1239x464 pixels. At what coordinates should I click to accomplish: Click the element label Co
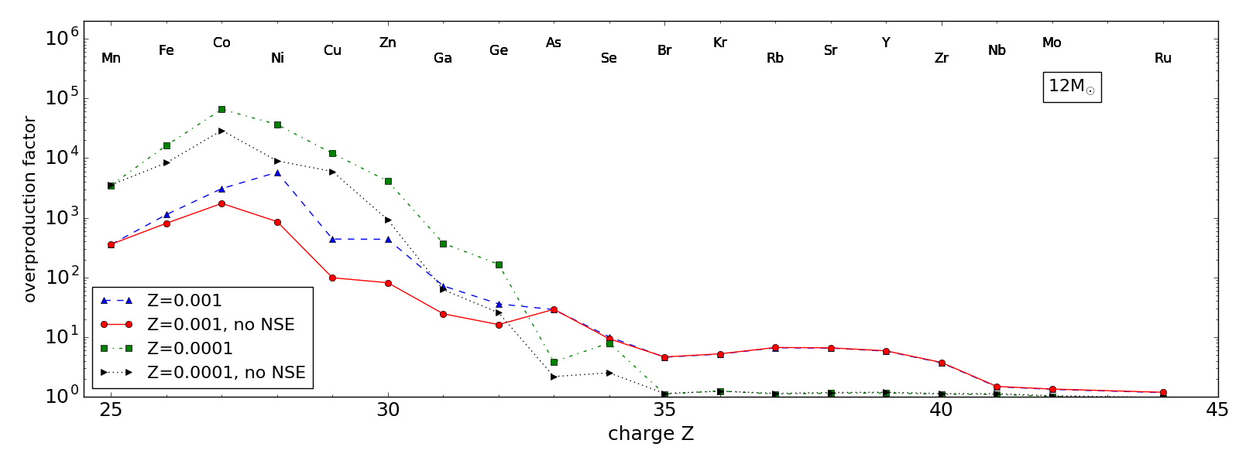click(x=221, y=43)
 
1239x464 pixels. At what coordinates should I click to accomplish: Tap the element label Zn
click(x=388, y=43)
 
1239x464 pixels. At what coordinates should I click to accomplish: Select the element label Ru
click(x=1162, y=58)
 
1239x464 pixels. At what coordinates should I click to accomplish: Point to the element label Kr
click(x=720, y=43)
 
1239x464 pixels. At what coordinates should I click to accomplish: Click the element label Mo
click(x=1052, y=43)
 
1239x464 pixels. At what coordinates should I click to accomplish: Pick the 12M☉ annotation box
click(x=1072, y=87)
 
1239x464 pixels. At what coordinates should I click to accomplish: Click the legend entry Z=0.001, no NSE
click(x=221, y=325)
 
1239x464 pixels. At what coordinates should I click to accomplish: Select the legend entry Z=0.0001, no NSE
click(x=226, y=373)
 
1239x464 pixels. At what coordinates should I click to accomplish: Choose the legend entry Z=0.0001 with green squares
click(x=190, y=349)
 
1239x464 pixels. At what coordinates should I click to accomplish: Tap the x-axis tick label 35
click(x=664, y=410)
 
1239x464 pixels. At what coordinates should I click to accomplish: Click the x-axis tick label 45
click(x=1217, y=410)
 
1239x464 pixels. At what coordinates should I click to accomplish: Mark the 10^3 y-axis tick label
click(x=63, y=217)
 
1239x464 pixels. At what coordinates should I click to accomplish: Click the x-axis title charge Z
click(x=650, y=434)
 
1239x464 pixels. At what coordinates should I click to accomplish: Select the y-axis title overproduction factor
click(x=30, y=209)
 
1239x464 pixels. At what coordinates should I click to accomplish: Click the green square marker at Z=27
click(x=221, y=109)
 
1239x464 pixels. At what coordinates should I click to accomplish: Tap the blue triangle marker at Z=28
click(x=277, y=172)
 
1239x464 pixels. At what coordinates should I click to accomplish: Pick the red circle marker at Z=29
click(x=332, y=278)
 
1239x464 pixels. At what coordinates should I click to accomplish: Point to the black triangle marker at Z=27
click(x=221, y=131)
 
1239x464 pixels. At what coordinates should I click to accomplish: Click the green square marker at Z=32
click(x=499, y=264)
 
